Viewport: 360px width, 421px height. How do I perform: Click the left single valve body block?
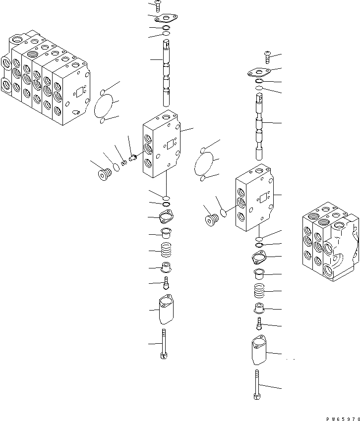pyautogui.click(x=161, y=143)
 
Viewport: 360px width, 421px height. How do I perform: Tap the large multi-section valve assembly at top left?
pyautogui.click(x=45, y=79)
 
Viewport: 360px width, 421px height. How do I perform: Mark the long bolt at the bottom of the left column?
pyautogui.click(x=164, y=344)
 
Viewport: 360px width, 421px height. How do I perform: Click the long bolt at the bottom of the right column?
pyautogui.click(x=256, y=384)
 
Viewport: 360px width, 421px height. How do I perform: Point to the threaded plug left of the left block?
pyautogui.click(x=104, y=174)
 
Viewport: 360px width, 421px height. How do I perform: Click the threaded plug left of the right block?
pyautogui.click(x=212, y=218)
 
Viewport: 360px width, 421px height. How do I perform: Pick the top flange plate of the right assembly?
pyautogui.click(x=259, y=72)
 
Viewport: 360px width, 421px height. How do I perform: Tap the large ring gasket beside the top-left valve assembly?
pyautogui.click(x=104, y=105)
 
